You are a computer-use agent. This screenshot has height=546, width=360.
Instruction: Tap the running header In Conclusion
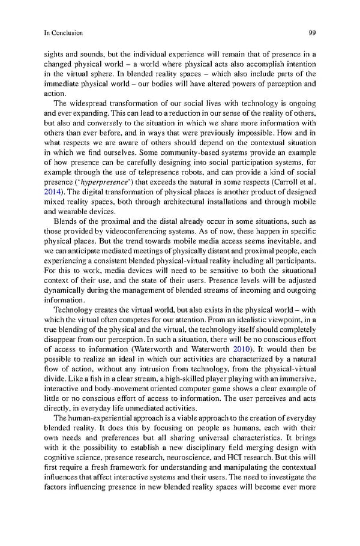click(63, 32)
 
